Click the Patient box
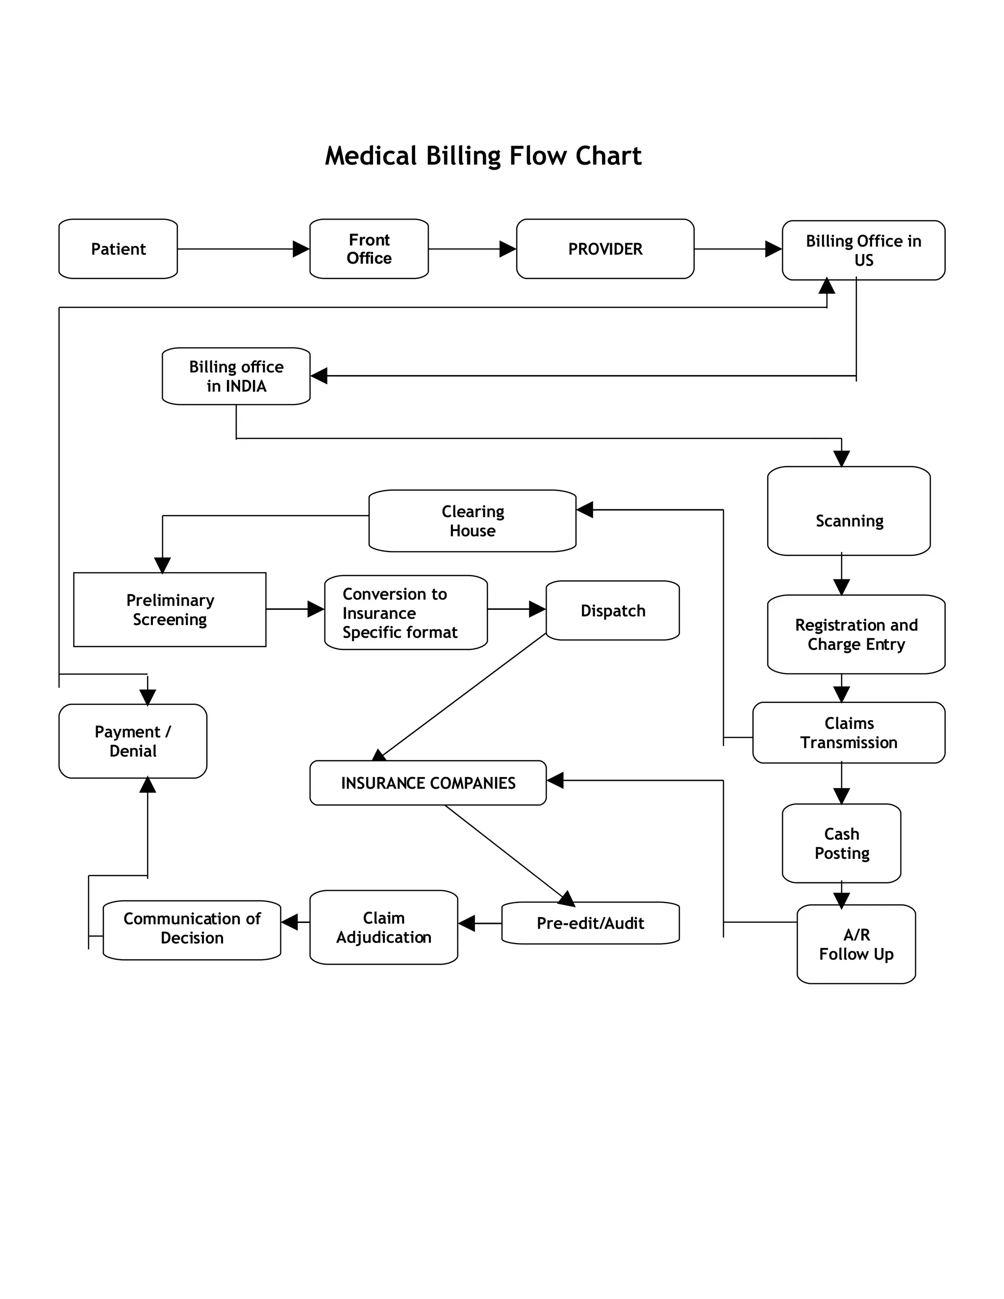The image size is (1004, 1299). tap(118, 249)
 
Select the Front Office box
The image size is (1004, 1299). tap(369, 249)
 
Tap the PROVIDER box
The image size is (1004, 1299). tap(605, 249)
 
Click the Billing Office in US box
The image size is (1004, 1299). tap(863, 250)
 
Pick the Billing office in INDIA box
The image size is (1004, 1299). tap(236, 376)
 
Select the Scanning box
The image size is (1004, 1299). tap(849, 511)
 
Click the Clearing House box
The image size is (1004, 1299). tap(472, 521)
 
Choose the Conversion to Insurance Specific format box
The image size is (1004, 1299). tap(405, 612)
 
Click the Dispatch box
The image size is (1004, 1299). tap(613, 610)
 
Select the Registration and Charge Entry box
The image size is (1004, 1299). tap(856, 634)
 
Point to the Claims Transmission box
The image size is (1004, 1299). tap(849, 732)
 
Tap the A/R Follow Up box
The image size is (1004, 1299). tap(856, 944)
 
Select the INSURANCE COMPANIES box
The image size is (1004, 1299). tap(427, 783)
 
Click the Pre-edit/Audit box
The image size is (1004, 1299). tap(590, 923)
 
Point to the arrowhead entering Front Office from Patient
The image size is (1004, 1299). tap(301, 249)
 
